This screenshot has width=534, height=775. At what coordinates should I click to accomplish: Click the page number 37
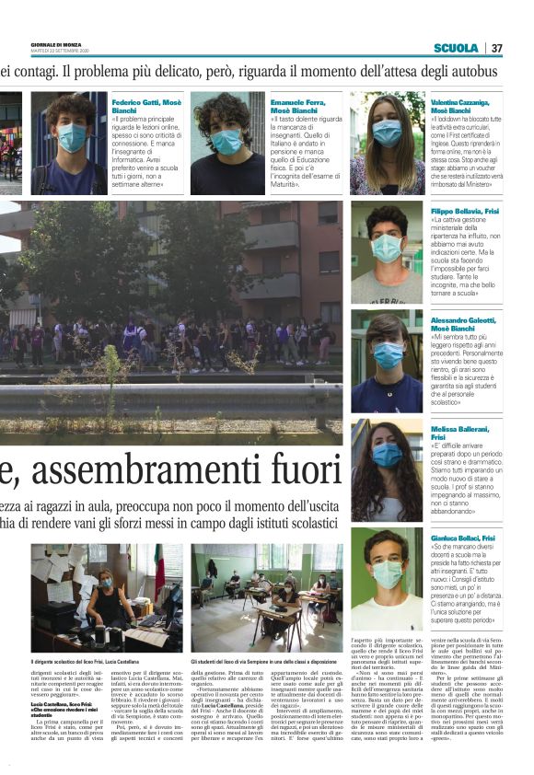[x=497, y=48]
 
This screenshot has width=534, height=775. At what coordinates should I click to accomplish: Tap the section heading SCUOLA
[x=457, y=48]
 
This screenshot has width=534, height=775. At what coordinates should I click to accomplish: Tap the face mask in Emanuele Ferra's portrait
[x=226, y=143]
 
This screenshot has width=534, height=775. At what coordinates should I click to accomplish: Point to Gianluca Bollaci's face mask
[x=387, y=574]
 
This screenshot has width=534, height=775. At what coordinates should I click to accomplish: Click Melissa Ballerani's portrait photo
[x=387, y=469]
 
